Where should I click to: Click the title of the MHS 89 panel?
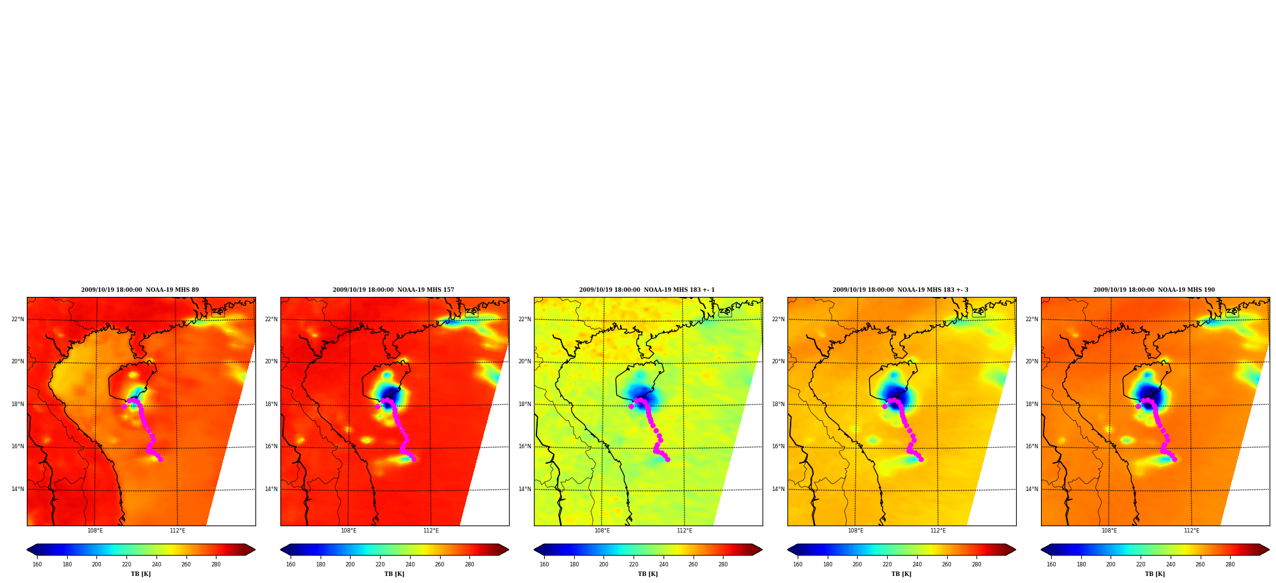(x=140, y=290)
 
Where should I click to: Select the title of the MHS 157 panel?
(x=393, y=290)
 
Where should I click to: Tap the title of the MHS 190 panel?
(x=1154, y=290)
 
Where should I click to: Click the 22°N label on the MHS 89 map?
(x=17, y=319)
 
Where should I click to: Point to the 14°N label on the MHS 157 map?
(x=271, y=489)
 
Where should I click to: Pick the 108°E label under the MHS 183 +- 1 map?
(x=602, y=531)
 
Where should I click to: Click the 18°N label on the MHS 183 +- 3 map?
(x=778, y=404)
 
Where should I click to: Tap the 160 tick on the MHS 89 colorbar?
(x=37, y=564)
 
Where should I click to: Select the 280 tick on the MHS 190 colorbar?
(x=1230, y=564)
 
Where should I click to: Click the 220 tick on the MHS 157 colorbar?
(x=380, y=564)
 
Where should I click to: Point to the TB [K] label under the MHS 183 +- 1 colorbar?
(x=648, y=574)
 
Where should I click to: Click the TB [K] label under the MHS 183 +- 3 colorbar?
(x=901, y=574)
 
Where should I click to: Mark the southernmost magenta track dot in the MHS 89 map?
(x=160, y=459)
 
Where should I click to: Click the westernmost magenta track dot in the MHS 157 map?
(x=377, y=406)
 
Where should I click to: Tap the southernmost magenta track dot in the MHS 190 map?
(x=1174, y=459)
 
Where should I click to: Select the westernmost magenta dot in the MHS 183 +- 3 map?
(x=885, y=406)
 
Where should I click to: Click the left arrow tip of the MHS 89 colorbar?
(x=27, y=550)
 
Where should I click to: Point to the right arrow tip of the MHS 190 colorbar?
(x=1270, y=550)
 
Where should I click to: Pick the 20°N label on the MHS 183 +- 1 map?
(x=524, y=361)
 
